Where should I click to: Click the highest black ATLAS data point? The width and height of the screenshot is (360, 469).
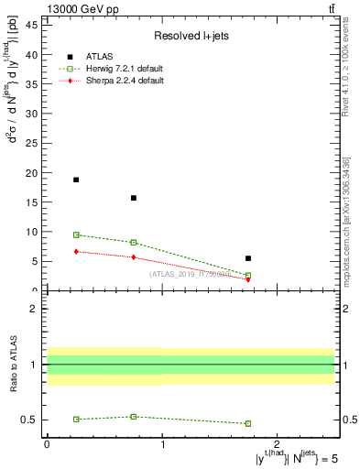point(76,180)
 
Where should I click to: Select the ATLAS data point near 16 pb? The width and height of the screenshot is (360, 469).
point(134,198)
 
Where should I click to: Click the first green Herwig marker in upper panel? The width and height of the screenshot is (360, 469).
point(76,235)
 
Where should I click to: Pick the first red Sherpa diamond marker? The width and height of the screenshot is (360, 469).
point(76,251)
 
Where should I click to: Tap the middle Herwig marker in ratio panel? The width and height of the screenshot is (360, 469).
point(134,417)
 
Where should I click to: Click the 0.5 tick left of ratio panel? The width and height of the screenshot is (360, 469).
point(29,420)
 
